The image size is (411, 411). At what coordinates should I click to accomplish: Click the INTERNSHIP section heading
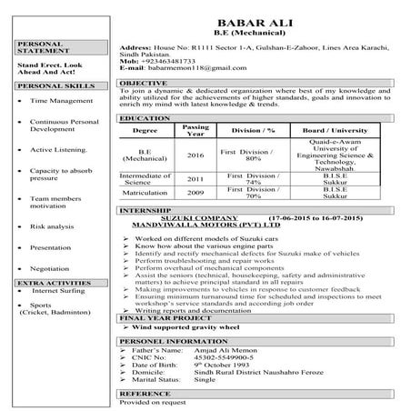click(144, 209)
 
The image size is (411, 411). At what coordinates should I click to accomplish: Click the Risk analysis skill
click(53, 226)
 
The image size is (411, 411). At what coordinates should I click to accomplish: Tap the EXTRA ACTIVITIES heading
click(48, 283)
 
